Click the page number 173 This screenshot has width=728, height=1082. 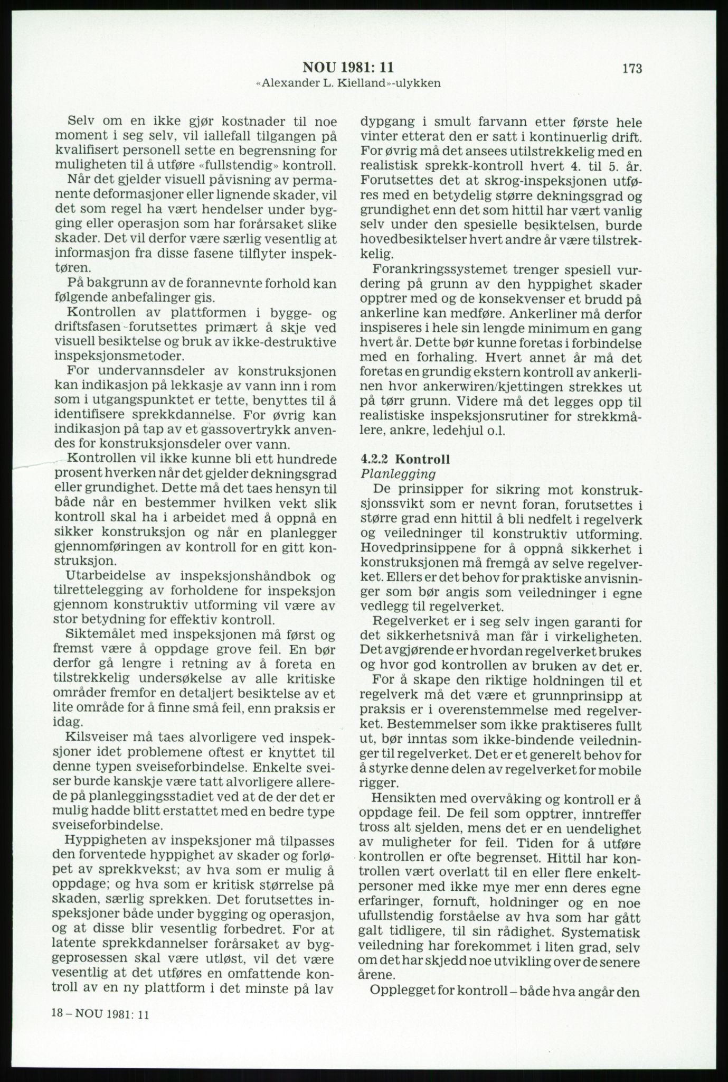(x=631, y=68)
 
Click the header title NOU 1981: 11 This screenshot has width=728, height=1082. (x=348, y=68)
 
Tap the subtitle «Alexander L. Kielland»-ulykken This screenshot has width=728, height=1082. (x=348, y=83)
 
